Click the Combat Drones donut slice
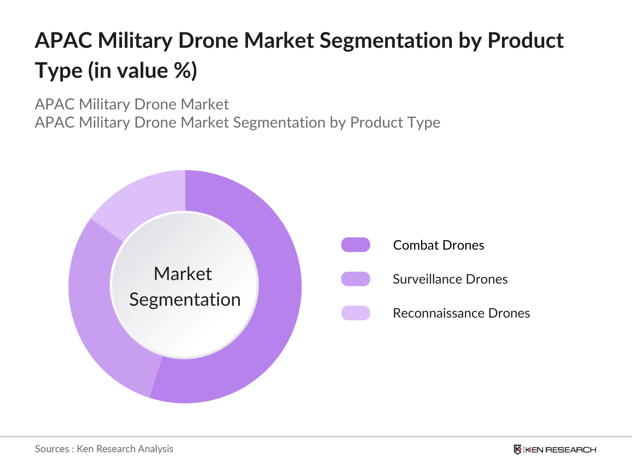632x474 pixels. (273, 300)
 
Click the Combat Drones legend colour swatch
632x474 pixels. (355, 245)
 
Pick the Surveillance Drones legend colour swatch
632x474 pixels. (355, 279)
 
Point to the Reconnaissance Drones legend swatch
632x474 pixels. (355, 313)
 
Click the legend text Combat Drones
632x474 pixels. (438, 245)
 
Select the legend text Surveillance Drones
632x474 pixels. (450, 279)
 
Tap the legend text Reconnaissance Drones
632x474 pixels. (461, 313)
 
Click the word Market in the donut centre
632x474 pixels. (182, 274)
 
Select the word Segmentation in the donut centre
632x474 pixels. (185, 299)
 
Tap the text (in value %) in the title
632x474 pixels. (143, 71)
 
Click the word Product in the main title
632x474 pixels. (525, 40)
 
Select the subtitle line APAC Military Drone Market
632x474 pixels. (132, 104)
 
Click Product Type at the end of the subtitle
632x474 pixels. (395, 122)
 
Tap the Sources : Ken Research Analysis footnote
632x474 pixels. (104, 449)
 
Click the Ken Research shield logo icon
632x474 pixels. (517, 450)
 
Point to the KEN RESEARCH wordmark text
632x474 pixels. (561, 450)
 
